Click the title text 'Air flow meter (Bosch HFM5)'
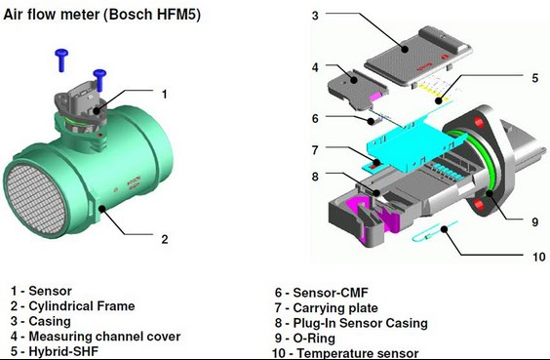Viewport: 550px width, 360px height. (101, 15)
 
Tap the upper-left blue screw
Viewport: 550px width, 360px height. (61, 60)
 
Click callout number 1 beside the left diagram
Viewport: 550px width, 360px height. (164, 94)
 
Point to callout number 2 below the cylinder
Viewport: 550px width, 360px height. (165, 239)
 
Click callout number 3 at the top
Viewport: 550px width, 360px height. (315, 15)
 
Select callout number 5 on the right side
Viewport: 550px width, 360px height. (534, 78)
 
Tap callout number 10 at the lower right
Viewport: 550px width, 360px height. (538, 257)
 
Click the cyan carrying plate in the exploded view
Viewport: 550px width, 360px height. (415, 142)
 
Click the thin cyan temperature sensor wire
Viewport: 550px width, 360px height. (435, 231)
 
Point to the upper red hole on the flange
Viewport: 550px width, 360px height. (479, 122)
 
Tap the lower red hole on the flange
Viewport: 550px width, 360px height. (479, 204)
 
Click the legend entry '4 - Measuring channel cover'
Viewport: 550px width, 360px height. (96, 337)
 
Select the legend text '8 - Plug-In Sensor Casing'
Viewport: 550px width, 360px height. (351, 323)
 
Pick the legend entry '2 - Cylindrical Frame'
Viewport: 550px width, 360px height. (72, 306)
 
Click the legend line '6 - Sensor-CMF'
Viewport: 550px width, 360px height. (321, 293)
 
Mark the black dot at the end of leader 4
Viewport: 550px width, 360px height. (354, 80)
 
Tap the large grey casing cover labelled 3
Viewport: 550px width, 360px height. (418, 57)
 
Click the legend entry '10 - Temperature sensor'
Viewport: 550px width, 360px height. (345, 353)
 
